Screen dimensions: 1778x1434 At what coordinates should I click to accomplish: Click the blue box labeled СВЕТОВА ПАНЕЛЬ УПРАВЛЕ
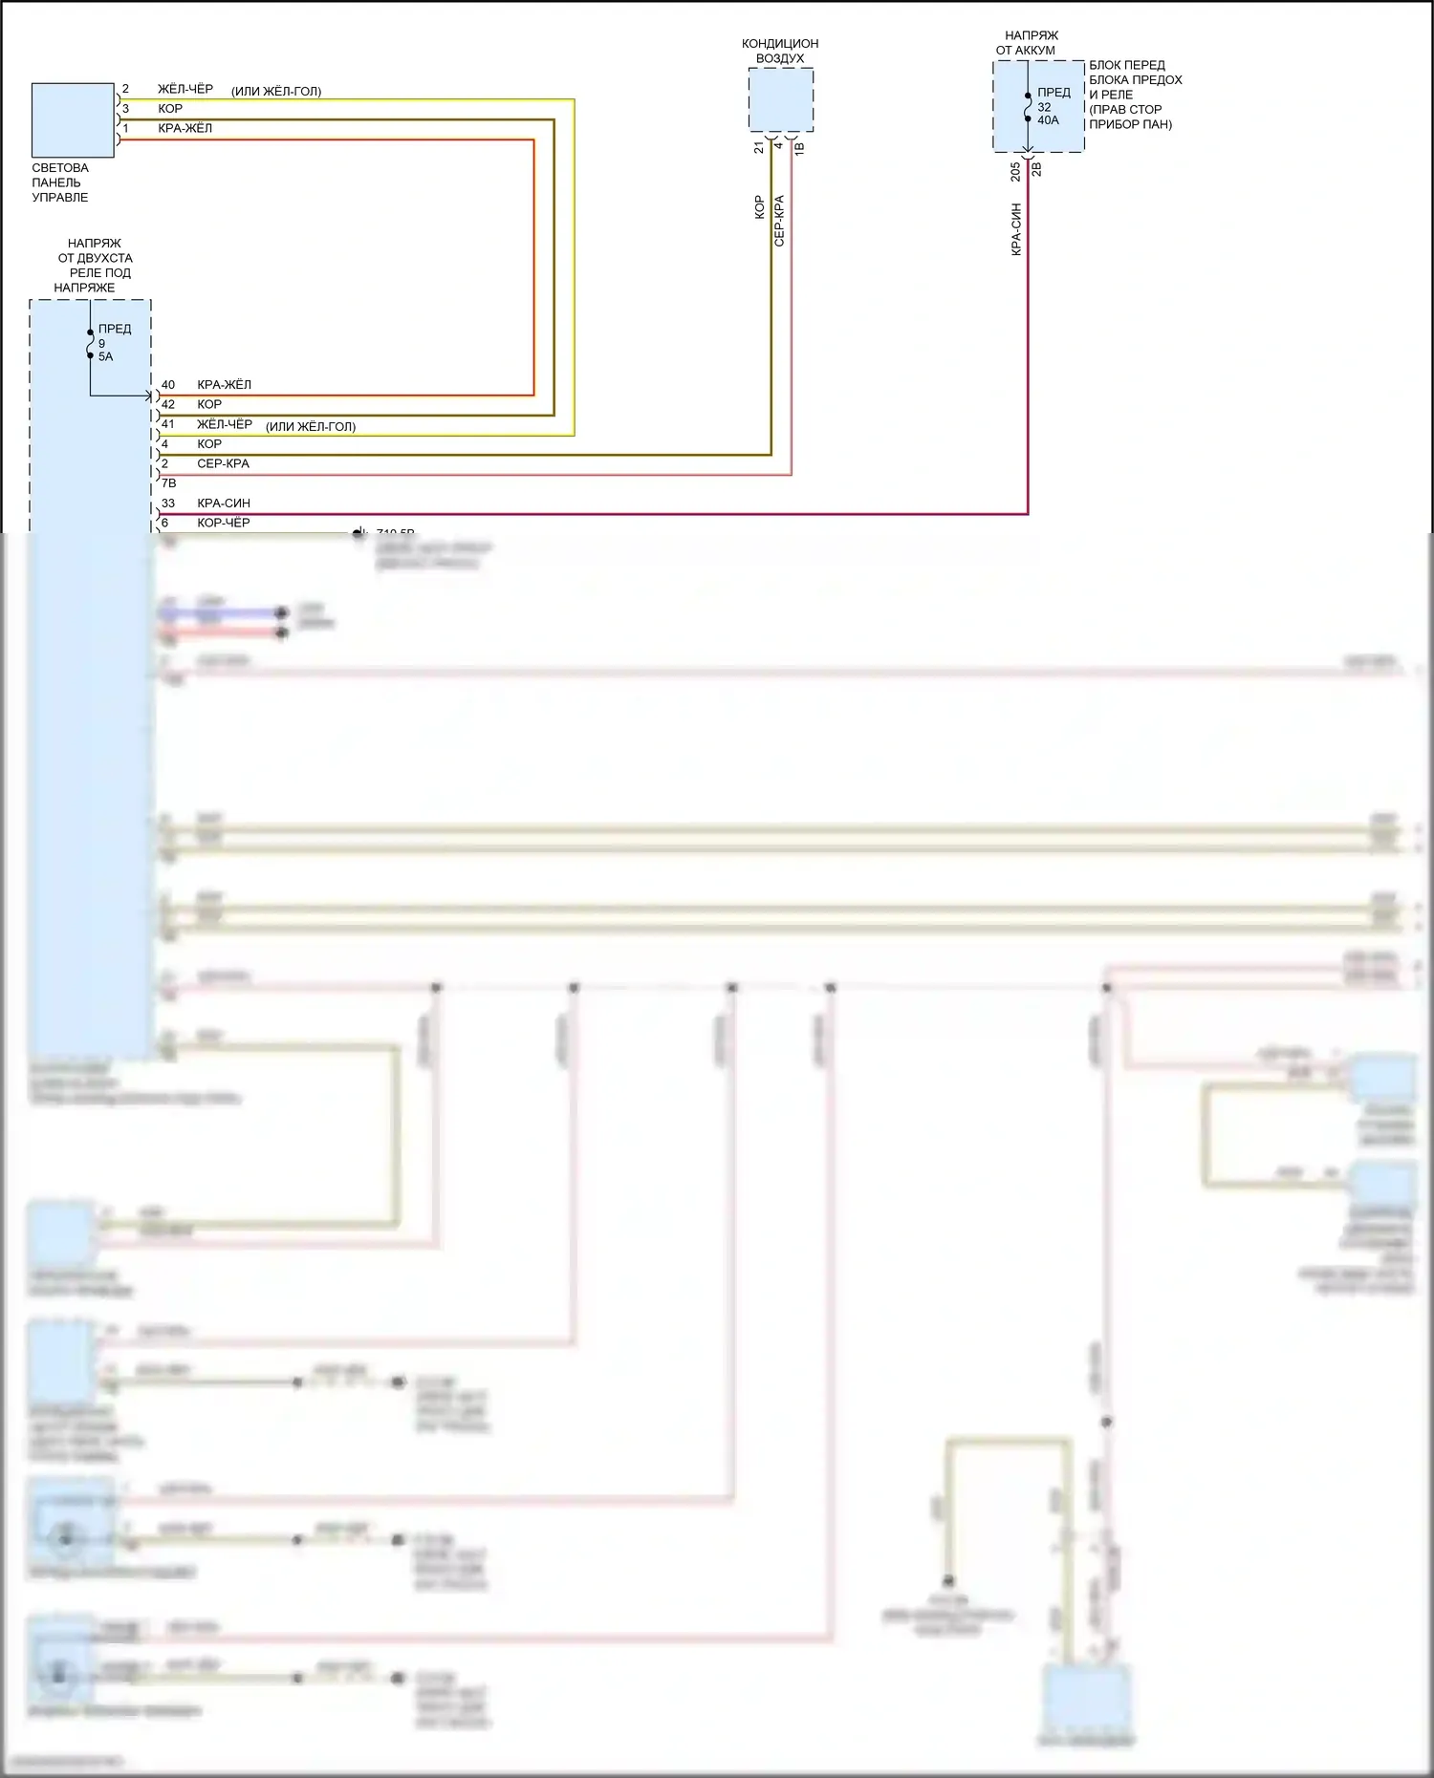73,119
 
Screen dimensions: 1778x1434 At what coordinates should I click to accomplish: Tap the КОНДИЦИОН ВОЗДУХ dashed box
780,99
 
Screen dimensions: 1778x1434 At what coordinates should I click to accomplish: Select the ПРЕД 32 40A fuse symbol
1028,107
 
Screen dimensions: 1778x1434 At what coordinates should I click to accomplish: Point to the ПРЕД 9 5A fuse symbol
91,344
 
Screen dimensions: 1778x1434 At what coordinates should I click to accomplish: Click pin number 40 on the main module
167,385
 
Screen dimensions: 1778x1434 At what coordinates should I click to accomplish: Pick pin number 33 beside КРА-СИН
167,503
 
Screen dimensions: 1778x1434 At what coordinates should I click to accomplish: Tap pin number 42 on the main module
167,405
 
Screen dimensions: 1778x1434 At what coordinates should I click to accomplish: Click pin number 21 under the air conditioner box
759,147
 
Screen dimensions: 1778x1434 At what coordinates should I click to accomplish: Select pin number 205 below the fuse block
1015,171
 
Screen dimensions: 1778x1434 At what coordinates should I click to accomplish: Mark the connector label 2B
1036,169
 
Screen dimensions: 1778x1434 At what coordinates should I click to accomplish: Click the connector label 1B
799,148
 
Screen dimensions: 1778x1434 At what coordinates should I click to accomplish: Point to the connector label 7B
168,483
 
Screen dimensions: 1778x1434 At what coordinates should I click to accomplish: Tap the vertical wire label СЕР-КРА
779,222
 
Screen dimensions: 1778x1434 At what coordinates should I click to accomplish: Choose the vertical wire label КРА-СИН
1016,228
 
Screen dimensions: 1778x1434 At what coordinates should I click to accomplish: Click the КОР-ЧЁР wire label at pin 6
223,524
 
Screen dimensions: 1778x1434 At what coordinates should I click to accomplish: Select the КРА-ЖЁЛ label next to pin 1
185,129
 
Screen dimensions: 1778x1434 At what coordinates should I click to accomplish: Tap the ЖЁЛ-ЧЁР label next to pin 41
225,424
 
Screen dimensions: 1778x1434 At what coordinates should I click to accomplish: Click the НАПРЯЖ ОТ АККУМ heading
1029,43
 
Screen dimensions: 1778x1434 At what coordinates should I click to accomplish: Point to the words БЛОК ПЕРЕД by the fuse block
1126,66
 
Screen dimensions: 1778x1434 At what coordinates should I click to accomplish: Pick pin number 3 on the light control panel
125,109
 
